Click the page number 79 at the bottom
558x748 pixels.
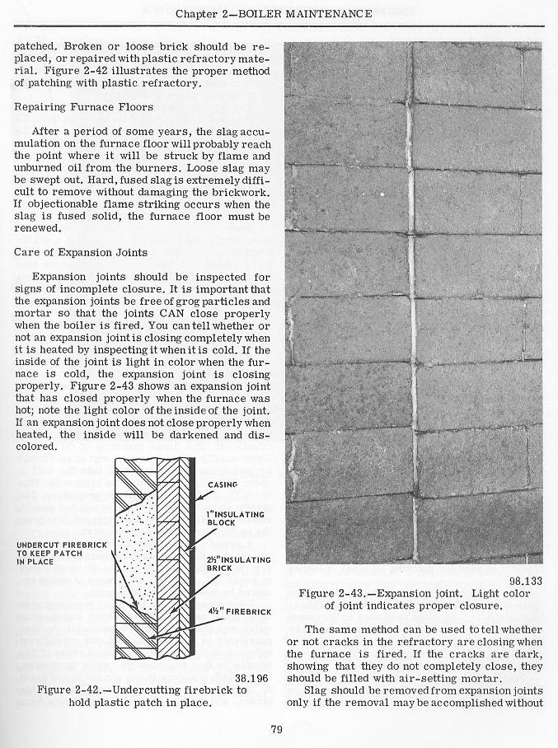[x=277, y=727]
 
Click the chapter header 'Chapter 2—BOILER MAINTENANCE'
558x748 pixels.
[x=279, y=13]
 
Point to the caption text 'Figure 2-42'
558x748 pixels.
[x=74, y=689]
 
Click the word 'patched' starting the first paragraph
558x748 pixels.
[x=34, y=48]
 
